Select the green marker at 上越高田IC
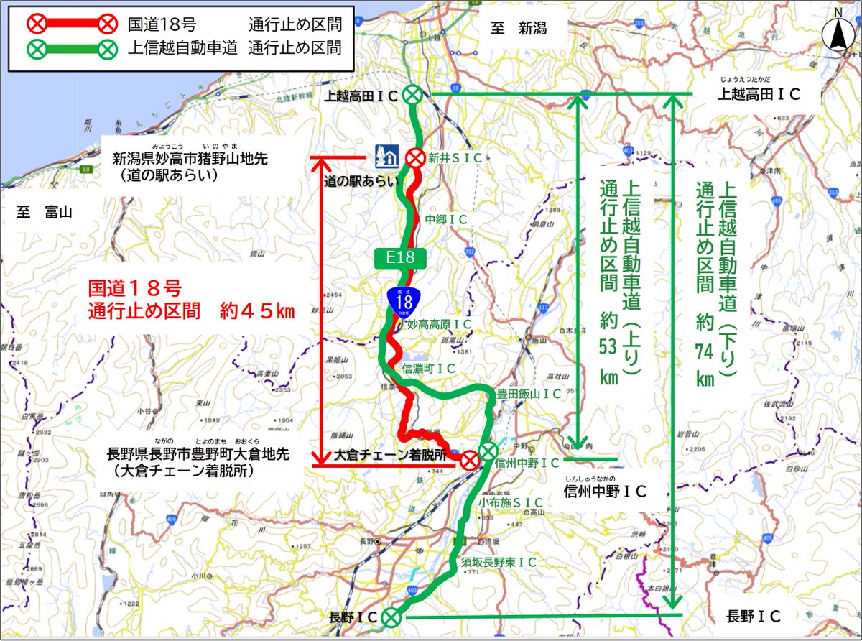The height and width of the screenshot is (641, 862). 412,94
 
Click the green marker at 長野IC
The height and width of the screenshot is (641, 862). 390,616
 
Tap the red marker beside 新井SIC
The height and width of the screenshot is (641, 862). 414,157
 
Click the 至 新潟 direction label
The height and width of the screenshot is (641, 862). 519,29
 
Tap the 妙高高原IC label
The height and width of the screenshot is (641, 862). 439,325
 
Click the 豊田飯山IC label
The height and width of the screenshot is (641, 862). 529,394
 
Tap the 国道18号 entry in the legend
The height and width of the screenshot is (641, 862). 157,24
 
